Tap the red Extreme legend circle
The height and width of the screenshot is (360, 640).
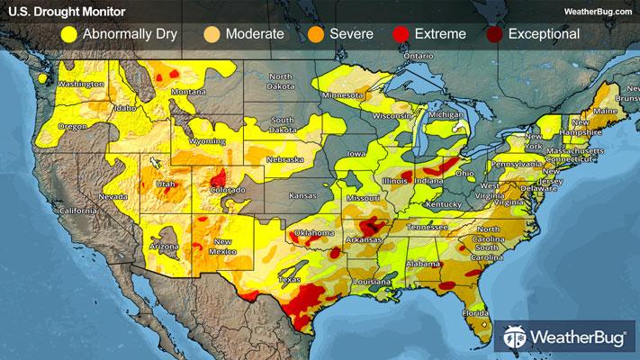tap(401, 34)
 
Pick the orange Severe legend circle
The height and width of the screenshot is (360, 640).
tap(315, 34)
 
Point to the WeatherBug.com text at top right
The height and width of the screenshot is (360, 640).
tap(596, 11)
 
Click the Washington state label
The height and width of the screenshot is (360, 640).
tap(82, 85)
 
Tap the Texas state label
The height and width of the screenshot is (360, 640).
tap(289, 280)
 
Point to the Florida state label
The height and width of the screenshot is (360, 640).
tap(476, 313)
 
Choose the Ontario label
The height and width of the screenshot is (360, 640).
tap(418, 56)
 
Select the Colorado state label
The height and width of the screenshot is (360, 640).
tap(227, 190)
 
